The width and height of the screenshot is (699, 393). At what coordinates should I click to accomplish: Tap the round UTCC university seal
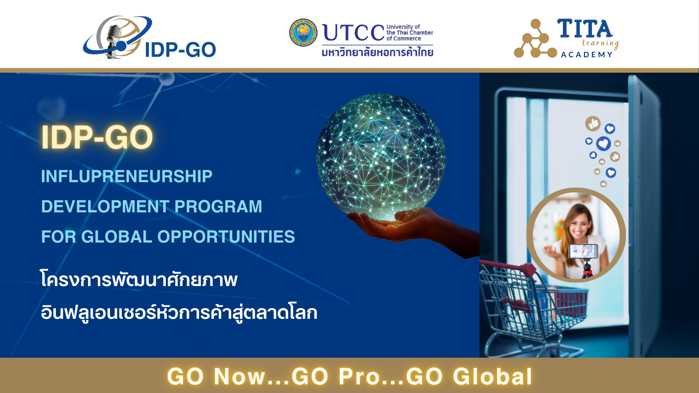pos(303,32)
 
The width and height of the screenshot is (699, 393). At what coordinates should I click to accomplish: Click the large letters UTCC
pos(354,33)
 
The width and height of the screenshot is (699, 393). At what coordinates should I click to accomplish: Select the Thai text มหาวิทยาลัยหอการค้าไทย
pos(377,52)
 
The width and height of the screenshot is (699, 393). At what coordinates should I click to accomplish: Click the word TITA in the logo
pos(584,28)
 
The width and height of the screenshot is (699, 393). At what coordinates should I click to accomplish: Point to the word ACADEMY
pos(586,55)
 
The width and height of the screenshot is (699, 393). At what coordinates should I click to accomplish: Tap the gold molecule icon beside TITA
pos(535,39)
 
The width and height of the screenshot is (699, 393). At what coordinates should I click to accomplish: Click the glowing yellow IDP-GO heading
pos(97,137)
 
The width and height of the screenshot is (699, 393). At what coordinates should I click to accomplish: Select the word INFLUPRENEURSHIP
pos(127,177)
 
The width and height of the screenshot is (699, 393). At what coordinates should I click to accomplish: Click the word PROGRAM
pos(218,206)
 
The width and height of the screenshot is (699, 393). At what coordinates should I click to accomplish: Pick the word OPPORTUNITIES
pos(226,236)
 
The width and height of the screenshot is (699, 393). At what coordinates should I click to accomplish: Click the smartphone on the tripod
pos(583,251)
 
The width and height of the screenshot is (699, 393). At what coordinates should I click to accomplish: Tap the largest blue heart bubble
pos(603,144)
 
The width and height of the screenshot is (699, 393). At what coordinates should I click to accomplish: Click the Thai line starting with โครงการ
pos(139,279)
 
